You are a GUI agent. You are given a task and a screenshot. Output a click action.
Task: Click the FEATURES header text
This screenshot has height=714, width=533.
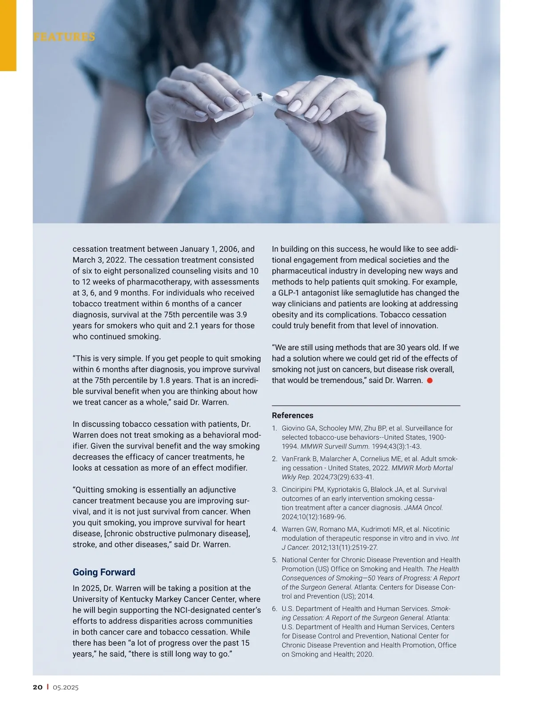[64, 37]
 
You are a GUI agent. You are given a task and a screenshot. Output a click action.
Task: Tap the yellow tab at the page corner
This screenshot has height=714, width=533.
[8, 35]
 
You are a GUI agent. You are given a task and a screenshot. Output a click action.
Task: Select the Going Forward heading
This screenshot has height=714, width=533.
[104, 572]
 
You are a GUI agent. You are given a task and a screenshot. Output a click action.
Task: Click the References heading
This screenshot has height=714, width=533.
[292, 415]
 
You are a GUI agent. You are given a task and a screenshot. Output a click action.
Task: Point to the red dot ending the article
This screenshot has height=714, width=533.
[430, 381]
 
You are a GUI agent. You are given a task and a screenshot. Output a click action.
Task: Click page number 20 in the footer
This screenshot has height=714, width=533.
[38, 687]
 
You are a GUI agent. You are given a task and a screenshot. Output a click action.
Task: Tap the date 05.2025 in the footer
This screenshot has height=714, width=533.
[66, 687]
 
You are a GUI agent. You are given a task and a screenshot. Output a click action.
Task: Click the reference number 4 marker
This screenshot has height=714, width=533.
[274, 529]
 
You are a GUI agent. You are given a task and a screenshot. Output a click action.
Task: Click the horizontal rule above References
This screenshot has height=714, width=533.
[366, 405]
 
